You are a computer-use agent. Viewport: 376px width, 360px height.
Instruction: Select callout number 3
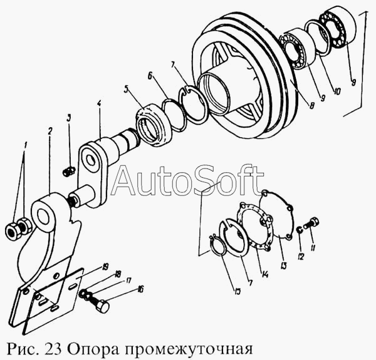pos(69,117)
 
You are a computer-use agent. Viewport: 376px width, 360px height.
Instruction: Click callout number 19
pos(107,267)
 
